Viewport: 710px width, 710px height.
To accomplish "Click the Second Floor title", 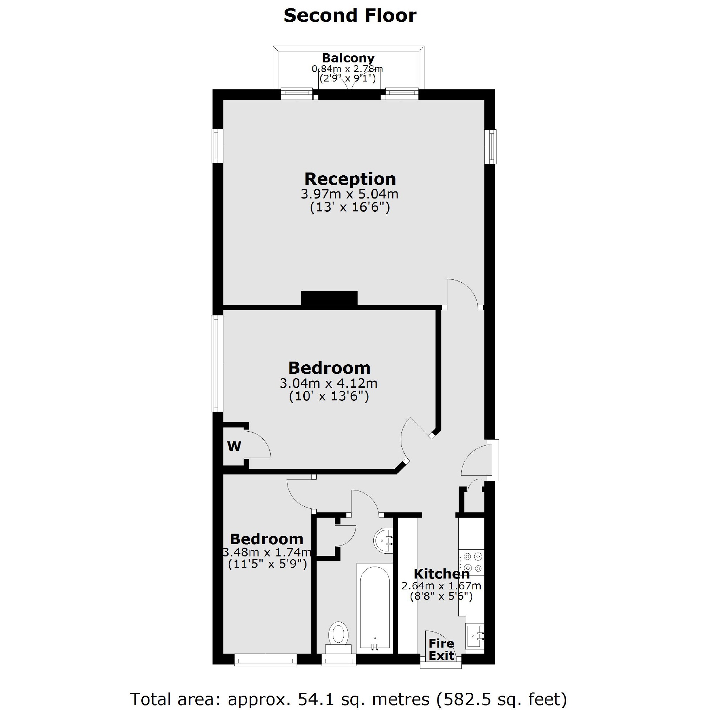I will pos(350,16).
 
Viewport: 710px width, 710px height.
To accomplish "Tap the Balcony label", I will pos(348,58).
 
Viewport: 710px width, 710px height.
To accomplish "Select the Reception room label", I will pos(350,179).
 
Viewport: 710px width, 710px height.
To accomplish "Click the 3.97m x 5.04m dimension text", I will pos(350,194).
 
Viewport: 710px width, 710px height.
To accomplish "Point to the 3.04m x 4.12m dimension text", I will pos(329,383).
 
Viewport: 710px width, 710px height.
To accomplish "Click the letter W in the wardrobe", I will pos(234,446).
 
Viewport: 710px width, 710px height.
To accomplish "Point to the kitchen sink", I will pos(475,641).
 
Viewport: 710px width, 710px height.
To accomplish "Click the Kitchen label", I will pos(441,574).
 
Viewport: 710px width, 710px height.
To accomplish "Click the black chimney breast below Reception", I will pos(329,298).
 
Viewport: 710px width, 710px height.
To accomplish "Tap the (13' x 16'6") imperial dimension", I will pos(350,208).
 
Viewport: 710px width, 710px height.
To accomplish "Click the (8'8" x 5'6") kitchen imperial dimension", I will pos(441,596).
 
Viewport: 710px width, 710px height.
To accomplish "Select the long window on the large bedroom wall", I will pos(217,364).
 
